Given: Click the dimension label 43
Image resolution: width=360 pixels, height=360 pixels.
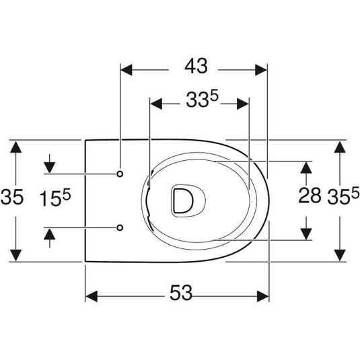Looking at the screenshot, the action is tap(196, 66).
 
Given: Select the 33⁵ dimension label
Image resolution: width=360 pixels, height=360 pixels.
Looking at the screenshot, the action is tap(202, 99).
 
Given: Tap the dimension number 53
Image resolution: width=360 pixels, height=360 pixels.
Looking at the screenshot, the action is tap(181, 293).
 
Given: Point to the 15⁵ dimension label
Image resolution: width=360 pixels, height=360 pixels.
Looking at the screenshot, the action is tap(55, 198).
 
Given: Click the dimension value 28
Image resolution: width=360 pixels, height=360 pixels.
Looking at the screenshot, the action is tap(310, 195).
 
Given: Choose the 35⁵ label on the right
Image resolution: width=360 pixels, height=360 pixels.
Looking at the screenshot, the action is tap(343, 196).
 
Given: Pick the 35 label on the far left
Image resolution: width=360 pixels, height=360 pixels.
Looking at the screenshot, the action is tap(12, 197).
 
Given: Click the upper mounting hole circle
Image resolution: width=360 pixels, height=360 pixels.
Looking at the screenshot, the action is tap(120, 174).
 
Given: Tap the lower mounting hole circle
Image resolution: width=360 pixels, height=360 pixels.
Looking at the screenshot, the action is tap(120, 227).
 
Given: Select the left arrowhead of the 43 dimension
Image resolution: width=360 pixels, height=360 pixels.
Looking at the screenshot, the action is tap(127, 70).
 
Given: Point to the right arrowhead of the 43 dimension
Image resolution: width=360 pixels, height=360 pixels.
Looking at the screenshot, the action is tap(261, 70).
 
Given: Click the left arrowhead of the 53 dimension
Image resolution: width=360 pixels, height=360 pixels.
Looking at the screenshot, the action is tap(92, 296).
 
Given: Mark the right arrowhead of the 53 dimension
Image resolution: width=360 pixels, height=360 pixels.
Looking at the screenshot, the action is tap(263, 296).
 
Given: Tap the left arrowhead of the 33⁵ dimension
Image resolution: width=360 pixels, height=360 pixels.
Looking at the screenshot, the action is tap(156, 104).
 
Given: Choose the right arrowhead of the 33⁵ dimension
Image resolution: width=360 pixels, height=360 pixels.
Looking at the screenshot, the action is tap(243, 104).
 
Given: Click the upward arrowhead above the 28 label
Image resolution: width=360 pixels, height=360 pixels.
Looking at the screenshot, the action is tap(306, 168).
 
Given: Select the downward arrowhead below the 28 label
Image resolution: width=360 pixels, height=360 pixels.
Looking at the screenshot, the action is tap(306, 234).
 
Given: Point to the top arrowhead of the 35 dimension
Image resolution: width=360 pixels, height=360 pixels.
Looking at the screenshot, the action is tap(16, 147).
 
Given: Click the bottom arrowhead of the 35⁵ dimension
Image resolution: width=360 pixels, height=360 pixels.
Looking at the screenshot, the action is tap(340, 255).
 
